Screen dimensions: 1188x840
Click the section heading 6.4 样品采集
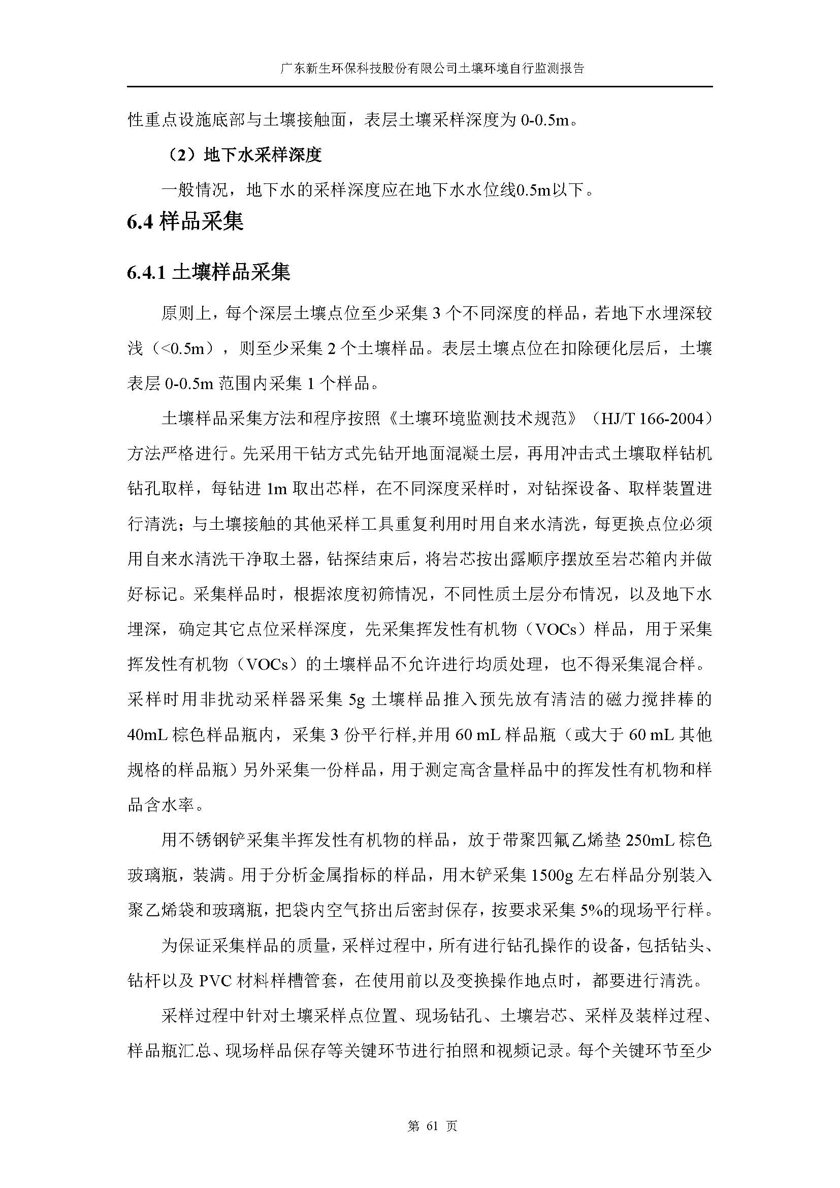pos(185,222)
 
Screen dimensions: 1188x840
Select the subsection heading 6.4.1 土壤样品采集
pos(208,272)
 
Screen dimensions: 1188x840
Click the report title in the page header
pos(432,68)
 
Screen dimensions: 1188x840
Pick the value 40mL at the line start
pos(147,735)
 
